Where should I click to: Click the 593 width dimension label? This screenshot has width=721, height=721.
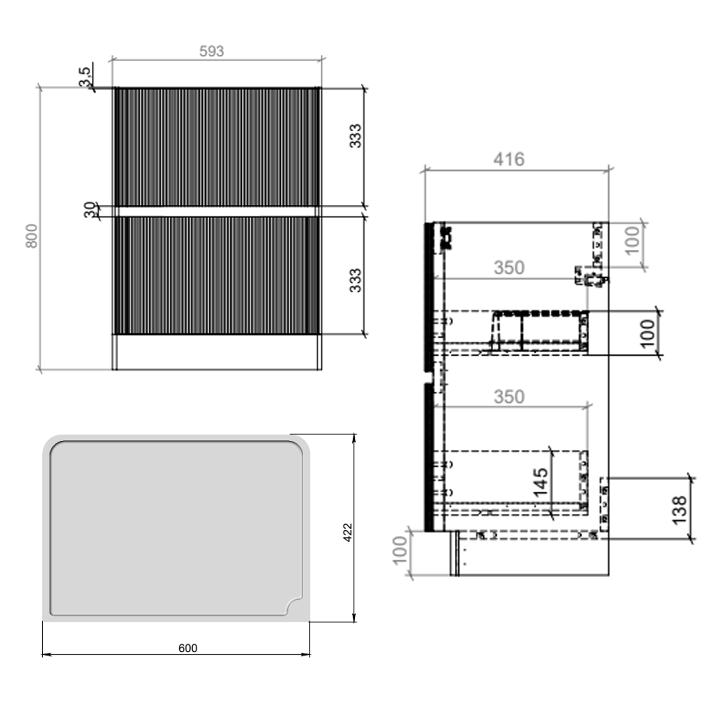click(211, 51)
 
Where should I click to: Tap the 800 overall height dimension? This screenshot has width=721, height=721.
click(32, 236)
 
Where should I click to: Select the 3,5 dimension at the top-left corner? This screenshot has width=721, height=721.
click(85, 77)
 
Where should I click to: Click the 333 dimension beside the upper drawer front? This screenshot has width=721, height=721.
click(355, 136)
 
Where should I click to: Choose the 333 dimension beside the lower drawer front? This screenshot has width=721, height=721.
click(355, 280)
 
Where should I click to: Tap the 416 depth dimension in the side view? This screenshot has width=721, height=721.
click(509, 159)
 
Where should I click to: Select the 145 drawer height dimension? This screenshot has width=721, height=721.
click(541, 482)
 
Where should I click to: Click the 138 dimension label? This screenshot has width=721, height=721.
click(679, 510)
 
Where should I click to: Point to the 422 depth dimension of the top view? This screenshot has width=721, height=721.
click(348, 532)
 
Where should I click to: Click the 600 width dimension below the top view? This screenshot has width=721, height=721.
click(187, 648)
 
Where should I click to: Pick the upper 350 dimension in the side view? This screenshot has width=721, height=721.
click(509, 268)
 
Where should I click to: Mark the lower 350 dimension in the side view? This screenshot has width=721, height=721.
click(509, 397)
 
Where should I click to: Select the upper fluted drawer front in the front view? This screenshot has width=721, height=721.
click(216, 147)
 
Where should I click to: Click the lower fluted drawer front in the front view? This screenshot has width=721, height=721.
click(216, 275)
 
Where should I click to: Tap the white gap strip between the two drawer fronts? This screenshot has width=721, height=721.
click(216, 211)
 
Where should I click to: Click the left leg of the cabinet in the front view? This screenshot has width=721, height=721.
click(115, 352)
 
